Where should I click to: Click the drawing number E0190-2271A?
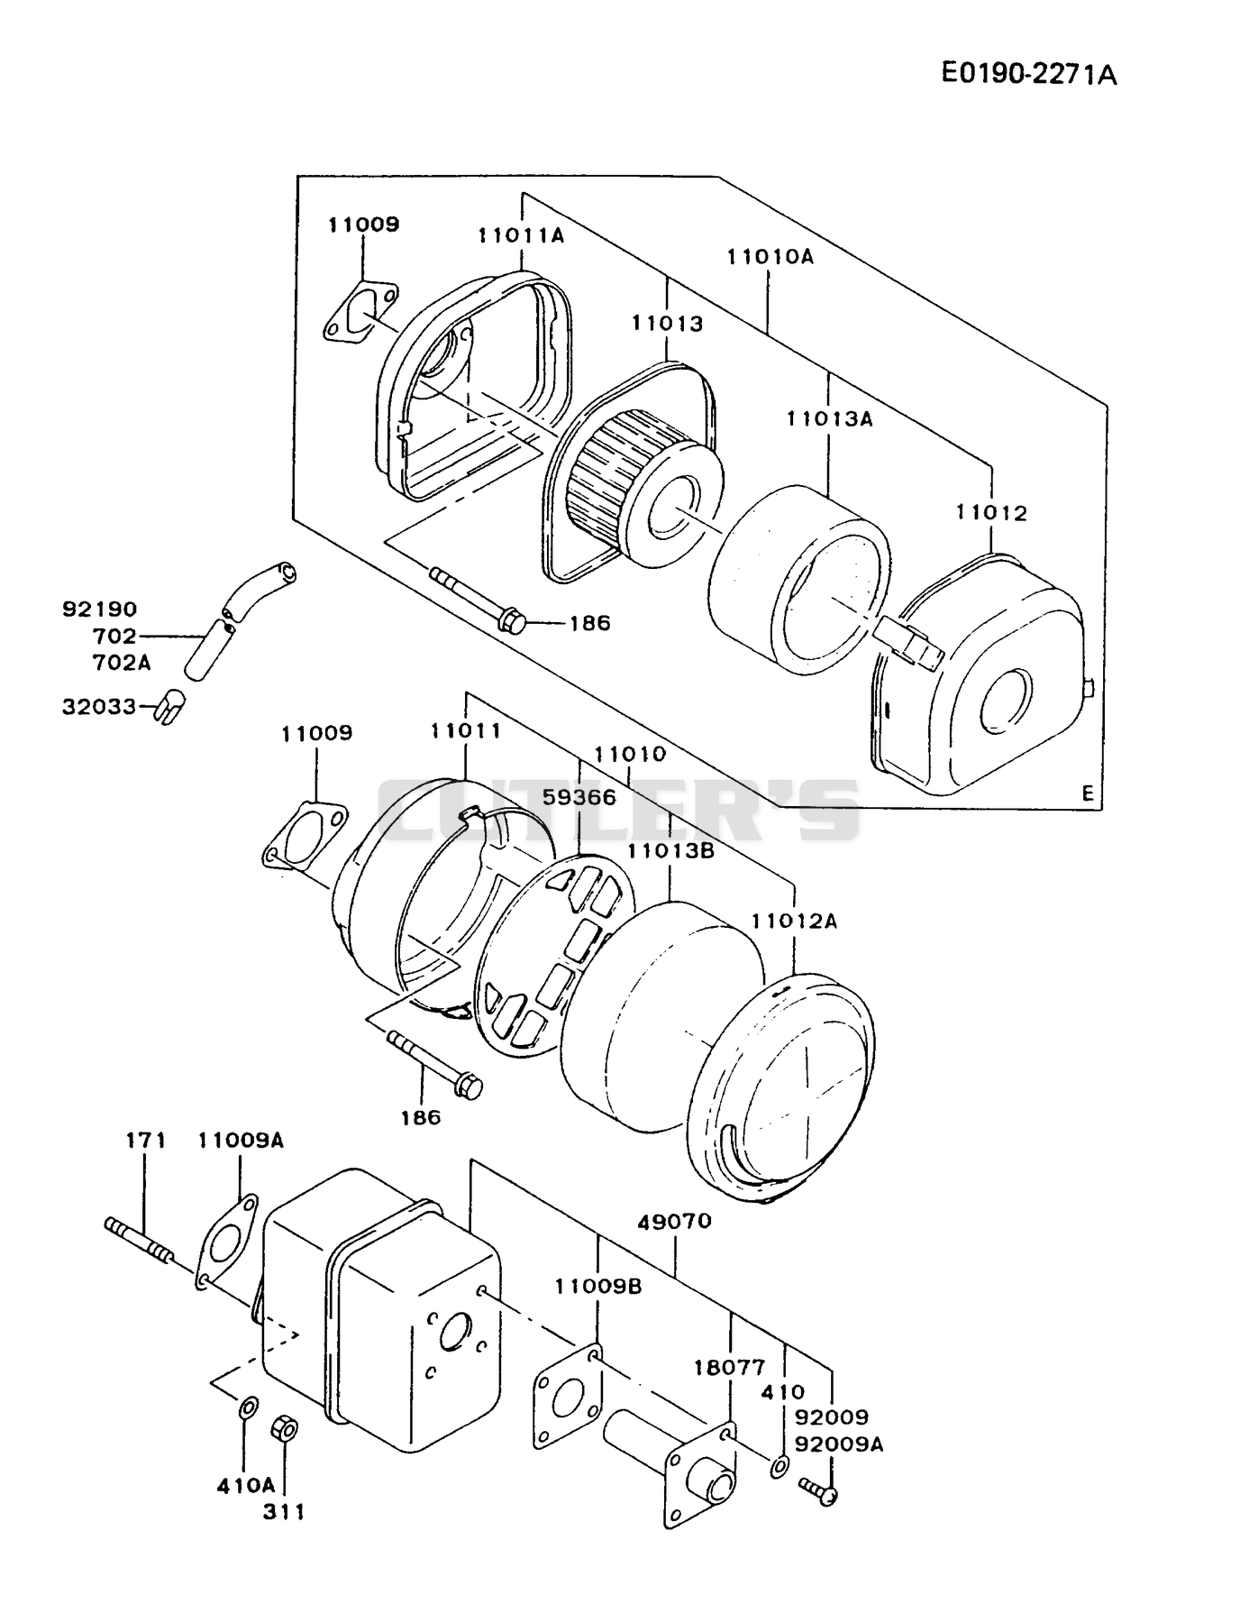click(x=1029, y=73)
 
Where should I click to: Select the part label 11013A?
click(x=829, y=418)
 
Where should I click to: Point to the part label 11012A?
click(x=795, y=921)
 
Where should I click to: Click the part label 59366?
click(x=579, y=797)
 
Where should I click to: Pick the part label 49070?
click(x=674, y=1221)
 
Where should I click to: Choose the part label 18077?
click(x=729, y=1367)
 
